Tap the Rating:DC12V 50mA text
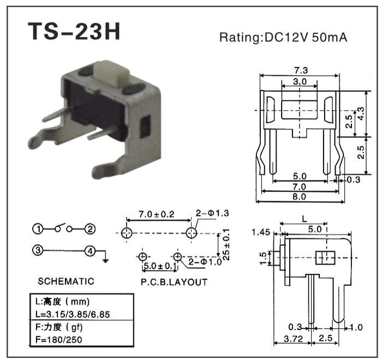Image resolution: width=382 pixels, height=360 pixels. pos(283,38)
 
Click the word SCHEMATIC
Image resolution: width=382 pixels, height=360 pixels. pos(66,281)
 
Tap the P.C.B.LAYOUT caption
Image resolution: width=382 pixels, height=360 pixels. pos(174,282)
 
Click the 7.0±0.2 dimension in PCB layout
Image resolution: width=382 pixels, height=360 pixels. pos(157,214)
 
